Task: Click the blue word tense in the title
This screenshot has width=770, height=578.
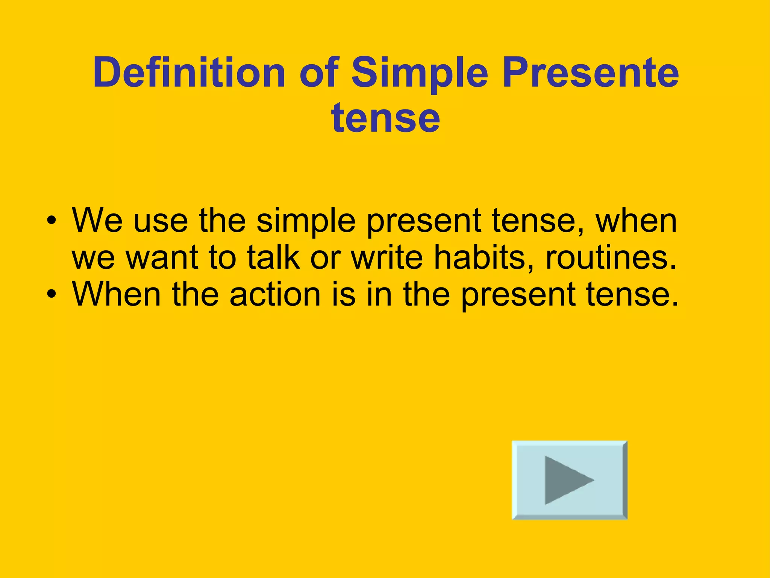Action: (385, 118)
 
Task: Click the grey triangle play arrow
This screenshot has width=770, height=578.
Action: (566, 480)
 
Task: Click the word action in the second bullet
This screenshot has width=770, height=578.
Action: (275, 294)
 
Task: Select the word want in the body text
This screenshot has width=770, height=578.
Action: (162, 258)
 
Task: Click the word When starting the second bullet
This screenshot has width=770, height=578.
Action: (117, 294)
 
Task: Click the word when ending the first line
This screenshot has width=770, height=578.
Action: (636, 221)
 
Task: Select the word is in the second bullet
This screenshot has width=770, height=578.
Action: (343, 294)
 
